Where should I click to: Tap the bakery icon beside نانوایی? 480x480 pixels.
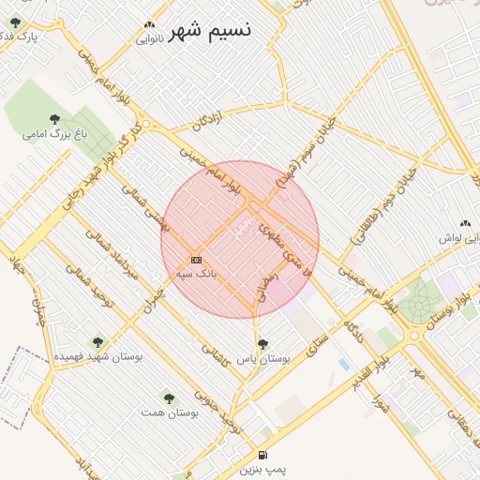click(x=149, y=25)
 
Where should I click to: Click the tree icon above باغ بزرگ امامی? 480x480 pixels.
click(x=54, y=118)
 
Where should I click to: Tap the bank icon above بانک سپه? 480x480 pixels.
click(x=196, y=260)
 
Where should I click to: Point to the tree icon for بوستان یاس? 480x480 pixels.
click(x=262, y=343)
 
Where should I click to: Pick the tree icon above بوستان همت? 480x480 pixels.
click(x=169, y=397)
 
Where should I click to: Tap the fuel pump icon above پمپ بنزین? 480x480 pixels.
click(x=259, y=455)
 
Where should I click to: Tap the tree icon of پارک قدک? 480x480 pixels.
click(x=14, y=22)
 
